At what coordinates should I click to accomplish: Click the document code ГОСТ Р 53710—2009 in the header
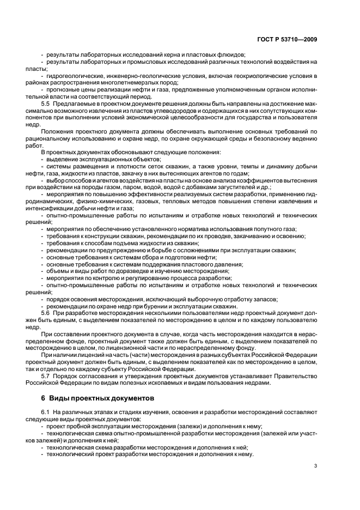point(289,39)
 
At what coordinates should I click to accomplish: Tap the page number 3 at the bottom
point(315,466)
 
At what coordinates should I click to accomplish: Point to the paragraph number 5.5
point(46,102)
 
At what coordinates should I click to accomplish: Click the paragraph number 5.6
point(46,313)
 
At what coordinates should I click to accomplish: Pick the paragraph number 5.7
point(46,376)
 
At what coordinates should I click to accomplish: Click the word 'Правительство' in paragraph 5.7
point(294,376)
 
